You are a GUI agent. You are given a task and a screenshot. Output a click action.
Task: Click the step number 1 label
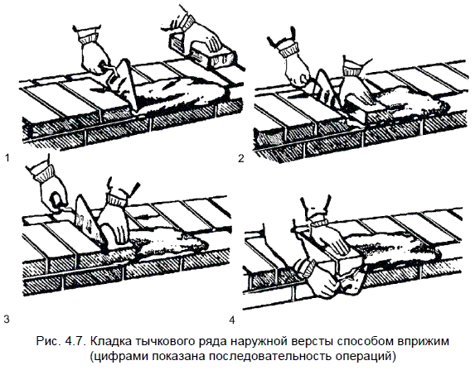(7, 157)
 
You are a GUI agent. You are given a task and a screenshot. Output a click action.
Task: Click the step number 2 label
(241, 158)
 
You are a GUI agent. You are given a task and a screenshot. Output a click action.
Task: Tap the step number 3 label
(7, 319)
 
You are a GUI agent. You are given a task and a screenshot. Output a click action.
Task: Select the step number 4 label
(232, 320)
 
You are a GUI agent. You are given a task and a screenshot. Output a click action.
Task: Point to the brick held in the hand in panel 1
(212, 55)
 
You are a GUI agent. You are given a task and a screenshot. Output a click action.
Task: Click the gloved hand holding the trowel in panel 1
(94, 51)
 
